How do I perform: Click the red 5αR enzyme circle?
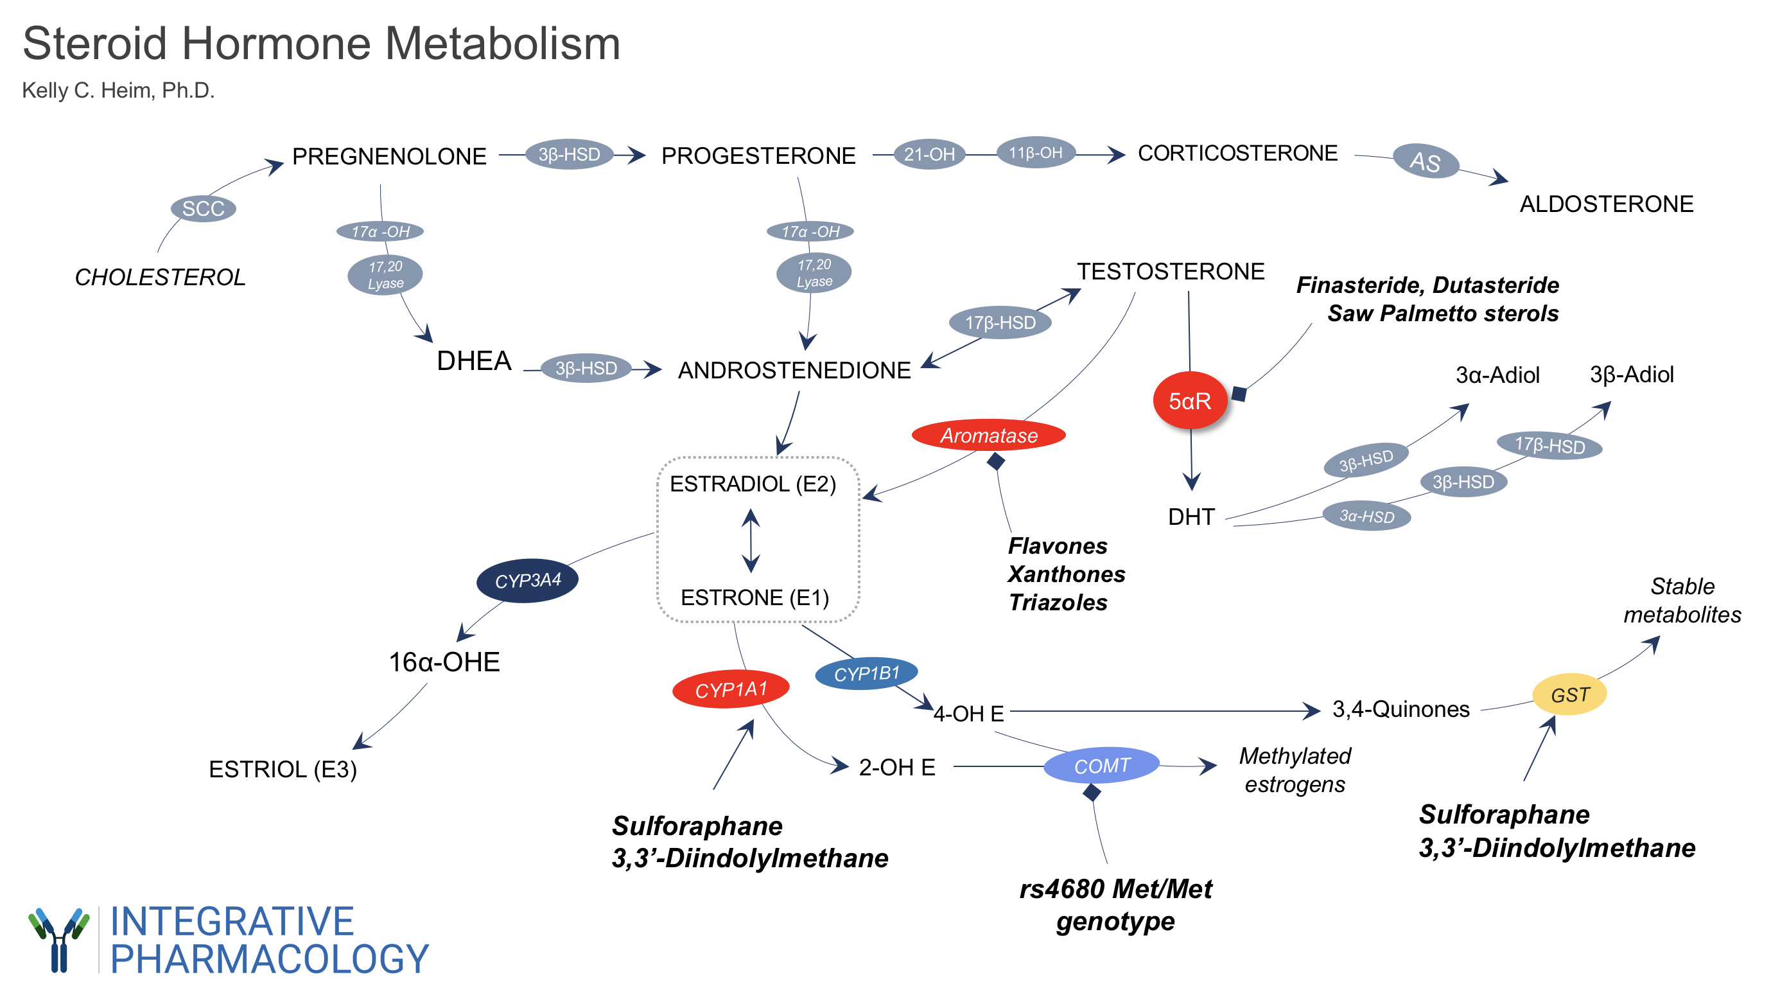coord(1189,400)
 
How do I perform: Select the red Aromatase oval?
coord(988,435)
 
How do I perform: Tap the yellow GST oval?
coord(1569,694)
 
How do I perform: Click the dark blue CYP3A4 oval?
coord(527,580)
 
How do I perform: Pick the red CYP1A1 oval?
coord(730,689)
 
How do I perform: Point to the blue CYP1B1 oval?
coord(866,674)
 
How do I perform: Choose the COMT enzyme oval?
coord(1101,765)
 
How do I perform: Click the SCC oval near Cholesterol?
coord(204,208)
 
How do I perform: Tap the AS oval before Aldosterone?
coord(1425,163)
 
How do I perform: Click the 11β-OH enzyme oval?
coord(1035,153)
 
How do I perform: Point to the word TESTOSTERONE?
coord(1170,272)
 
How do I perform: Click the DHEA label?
coord(474,361)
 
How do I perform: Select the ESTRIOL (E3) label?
coord(283,769)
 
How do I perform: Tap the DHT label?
coord(1191,516)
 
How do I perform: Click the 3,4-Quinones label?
coord(1400,709)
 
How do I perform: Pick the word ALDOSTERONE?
coord(1606,204)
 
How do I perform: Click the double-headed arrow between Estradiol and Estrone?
coord(751,540)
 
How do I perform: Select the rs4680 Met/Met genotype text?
coord(1115,904)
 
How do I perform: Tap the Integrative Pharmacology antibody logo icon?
coord(59,939)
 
